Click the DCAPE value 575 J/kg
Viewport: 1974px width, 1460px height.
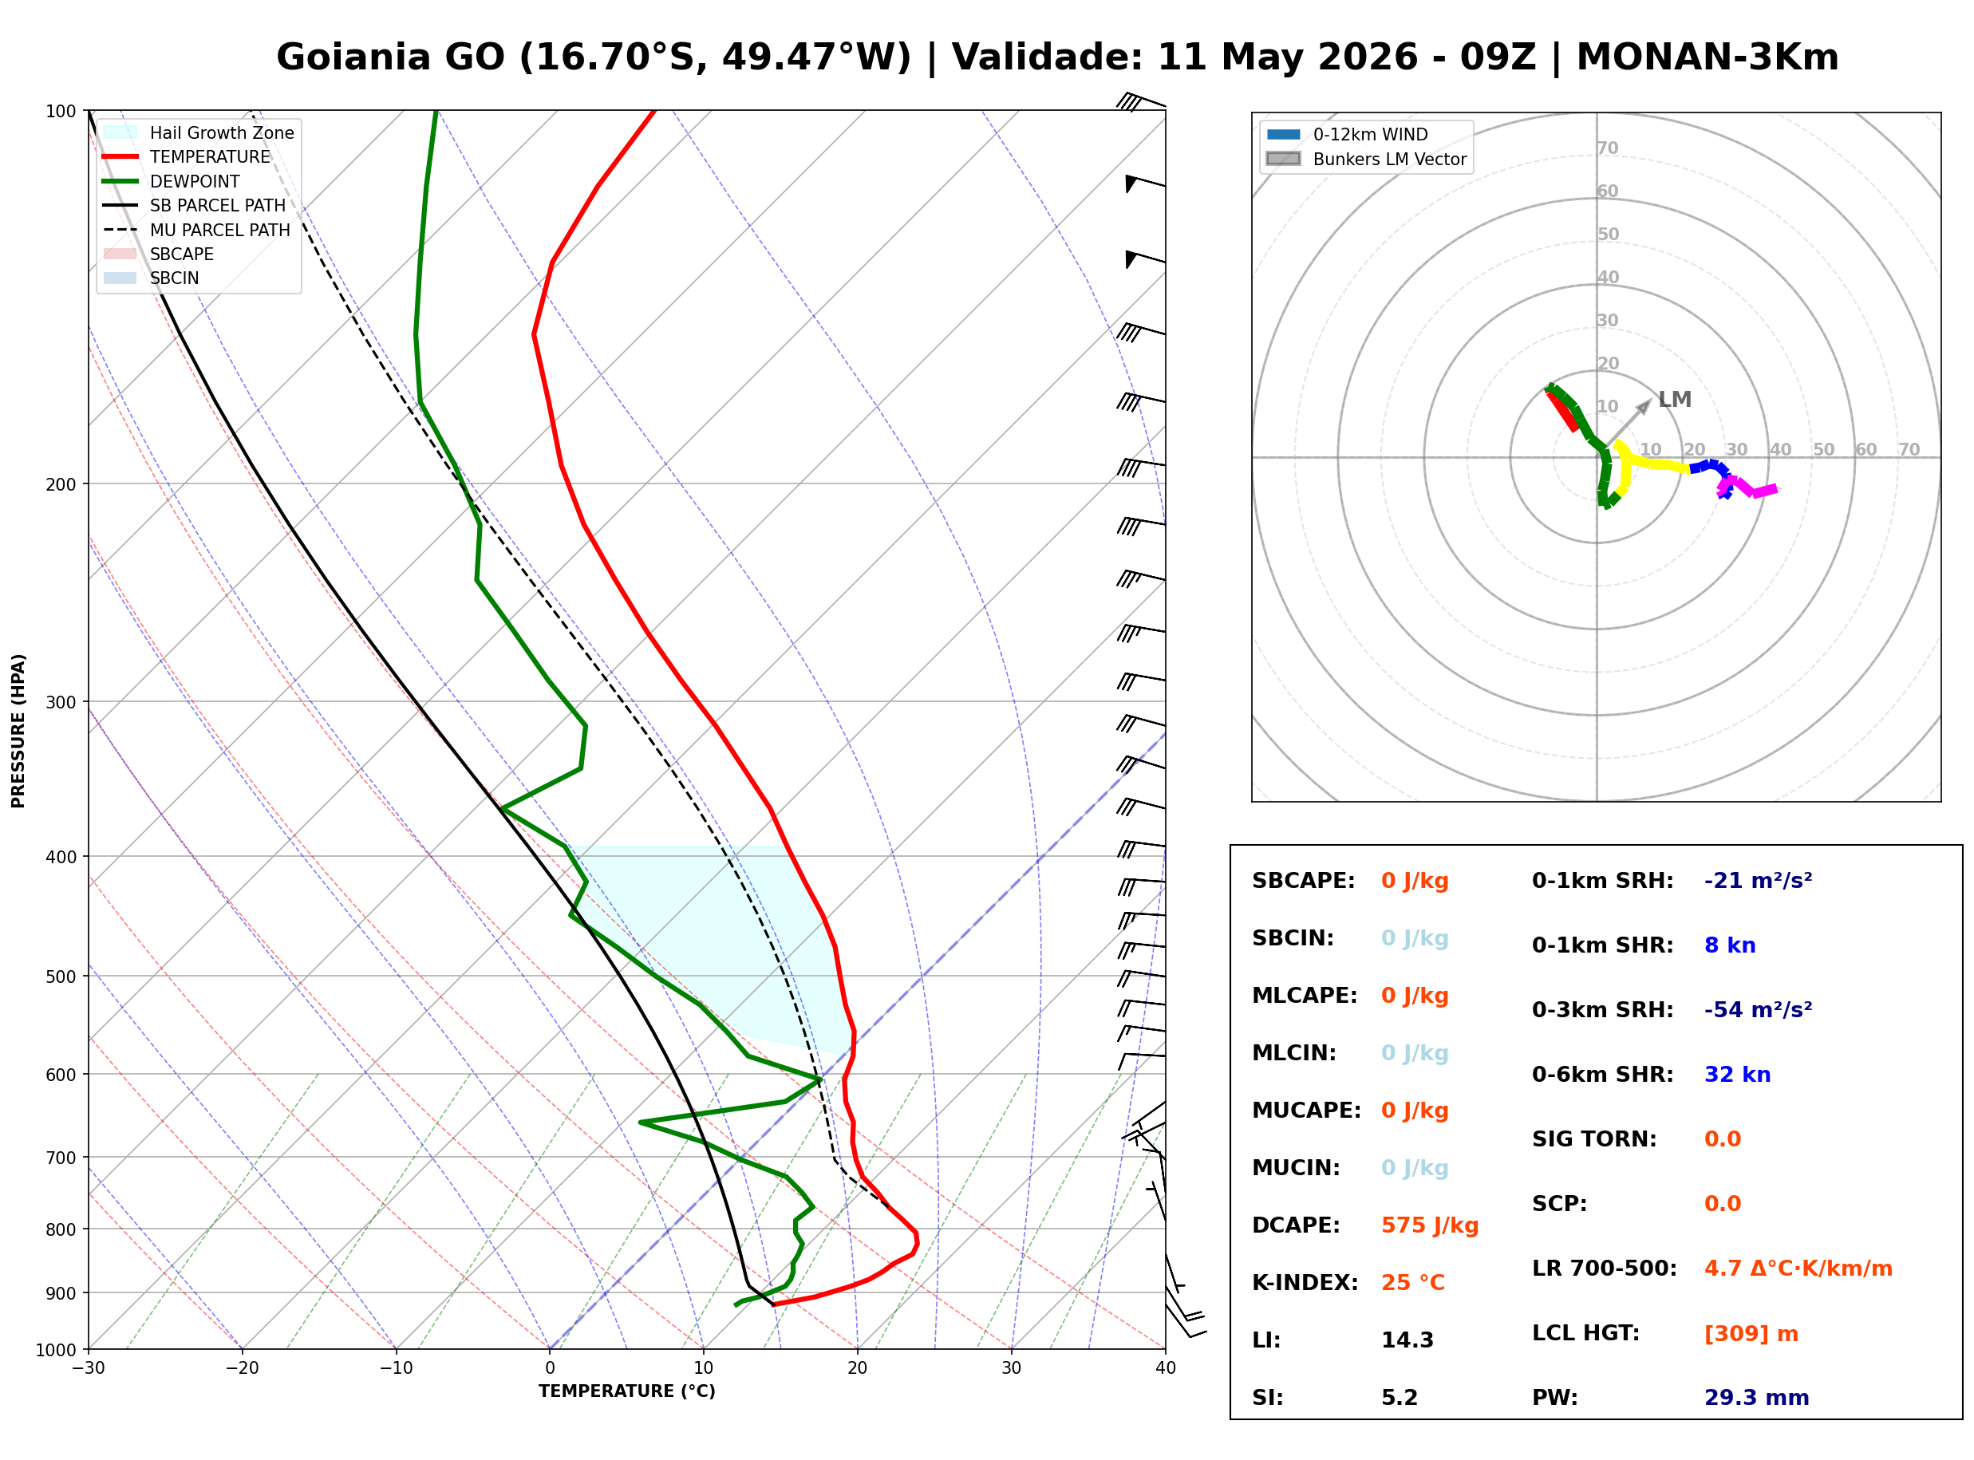(x=1429, y=1225)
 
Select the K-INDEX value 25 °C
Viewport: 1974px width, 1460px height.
(x=1412, y=1282)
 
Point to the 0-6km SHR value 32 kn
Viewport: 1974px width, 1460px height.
(x=1736, y=1075)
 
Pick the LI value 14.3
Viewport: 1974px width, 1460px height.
(x=1407, y=1340)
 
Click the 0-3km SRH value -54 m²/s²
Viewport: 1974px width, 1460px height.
(x=1758, y=1009)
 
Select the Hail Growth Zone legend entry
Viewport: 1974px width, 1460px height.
(x=199, y=132)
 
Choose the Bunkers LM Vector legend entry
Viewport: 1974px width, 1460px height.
(x=1366, y=159)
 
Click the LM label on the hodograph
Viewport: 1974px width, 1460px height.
(x=1675, y=400)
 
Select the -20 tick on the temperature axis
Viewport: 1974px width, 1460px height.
(x=242, y=1368)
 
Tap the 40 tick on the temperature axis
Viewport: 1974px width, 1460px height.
(x=1165, y=1368)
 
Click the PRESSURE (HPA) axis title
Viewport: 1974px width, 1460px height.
(x=18, y=731)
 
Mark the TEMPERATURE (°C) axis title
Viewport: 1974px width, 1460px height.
(x=626, y=1391)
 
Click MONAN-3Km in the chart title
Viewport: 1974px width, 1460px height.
(x=1708, y=57)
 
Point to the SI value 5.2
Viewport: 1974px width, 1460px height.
(x=1399, y=1397)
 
